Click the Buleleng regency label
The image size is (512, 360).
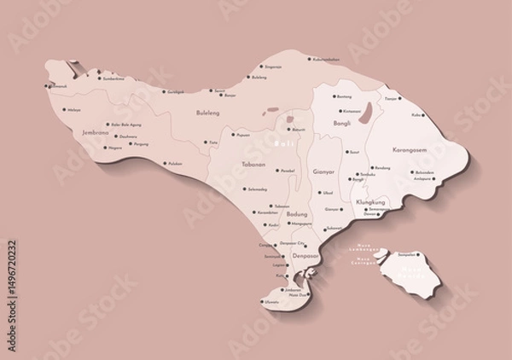[x=207, y=112]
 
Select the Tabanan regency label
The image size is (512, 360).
[x=254, y=164]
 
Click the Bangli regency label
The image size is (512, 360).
[x=341, y=123]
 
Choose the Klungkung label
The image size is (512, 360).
[x=369, y=202]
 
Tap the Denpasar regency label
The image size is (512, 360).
[x=305, y=255]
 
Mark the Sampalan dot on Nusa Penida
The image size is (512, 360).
[x=393, y=254]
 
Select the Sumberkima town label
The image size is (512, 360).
[x=113, y=78]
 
